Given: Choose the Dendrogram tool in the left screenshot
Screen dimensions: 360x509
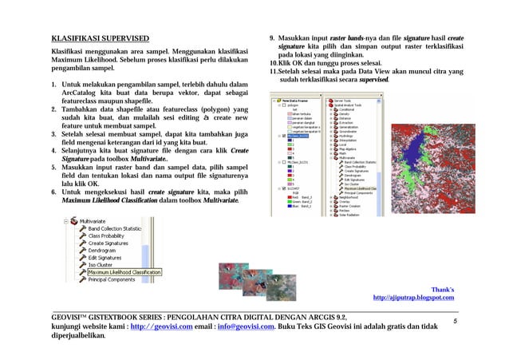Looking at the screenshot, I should click(108, 251).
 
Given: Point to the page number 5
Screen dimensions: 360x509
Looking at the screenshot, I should click(454, 320).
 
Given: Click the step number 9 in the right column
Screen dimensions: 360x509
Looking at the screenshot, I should click(272, 38).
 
